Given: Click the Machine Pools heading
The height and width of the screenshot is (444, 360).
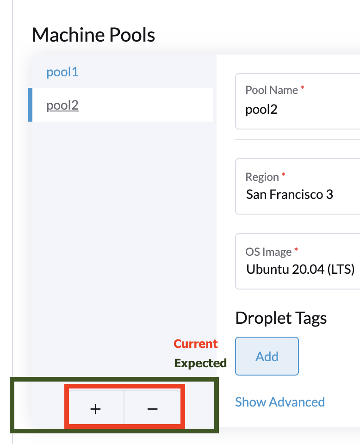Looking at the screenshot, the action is pos(93,35).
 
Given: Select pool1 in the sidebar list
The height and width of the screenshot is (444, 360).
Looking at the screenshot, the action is pos(62,72).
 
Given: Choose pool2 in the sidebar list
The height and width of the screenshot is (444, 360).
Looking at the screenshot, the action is pos(62,105).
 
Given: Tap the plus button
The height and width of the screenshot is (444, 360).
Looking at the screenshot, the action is pos(95,409).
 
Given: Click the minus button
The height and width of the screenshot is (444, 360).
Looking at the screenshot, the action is pos(152,409).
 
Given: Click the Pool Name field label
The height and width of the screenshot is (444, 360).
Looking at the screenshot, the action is pos(272,90).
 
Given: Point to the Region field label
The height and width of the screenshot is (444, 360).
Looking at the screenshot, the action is pos(262,177).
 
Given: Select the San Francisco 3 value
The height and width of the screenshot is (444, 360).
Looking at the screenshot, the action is pos(289,194).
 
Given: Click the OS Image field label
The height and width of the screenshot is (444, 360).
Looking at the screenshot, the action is pos(268,252).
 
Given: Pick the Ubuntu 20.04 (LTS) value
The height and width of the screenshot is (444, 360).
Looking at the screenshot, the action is pos(300,269).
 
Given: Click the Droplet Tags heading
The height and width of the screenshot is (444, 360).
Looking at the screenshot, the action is pos(281,318).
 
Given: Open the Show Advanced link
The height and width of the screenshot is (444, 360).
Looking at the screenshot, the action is pos(280,402).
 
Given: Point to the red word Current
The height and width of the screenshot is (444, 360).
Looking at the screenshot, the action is pos(195,344).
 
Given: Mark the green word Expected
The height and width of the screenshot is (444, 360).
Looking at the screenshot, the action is pos(200,364).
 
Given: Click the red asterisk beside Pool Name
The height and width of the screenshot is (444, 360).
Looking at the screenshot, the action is pos(303,88).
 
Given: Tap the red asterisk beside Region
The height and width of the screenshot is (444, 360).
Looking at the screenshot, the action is pos(284,175).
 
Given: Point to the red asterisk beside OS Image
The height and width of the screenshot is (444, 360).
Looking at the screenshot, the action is pos(296,250).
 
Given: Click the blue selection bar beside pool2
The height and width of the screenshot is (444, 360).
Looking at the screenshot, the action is pos(30,105).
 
